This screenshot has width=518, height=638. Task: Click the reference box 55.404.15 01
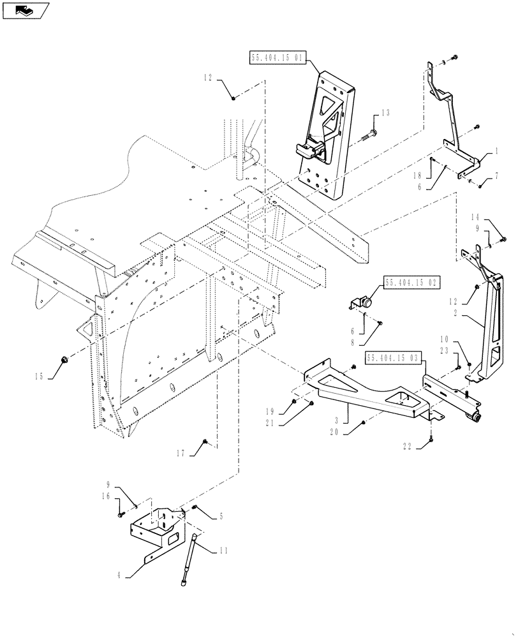pyautogui.click(x=277, y=58)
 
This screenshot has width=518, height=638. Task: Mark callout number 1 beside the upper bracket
pyautogui.click(x=495, y=153)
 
